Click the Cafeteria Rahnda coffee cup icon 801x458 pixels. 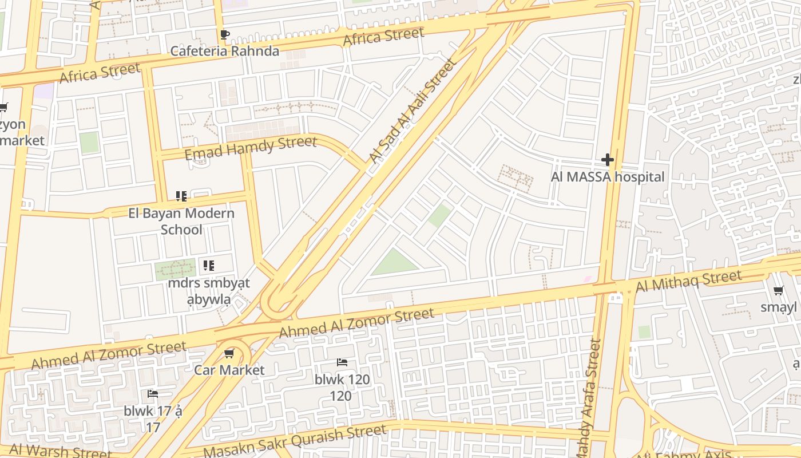point(225,35)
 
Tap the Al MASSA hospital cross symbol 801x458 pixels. point(608,160)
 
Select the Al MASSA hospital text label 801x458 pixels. point(608,177)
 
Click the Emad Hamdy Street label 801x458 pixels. point(251,148)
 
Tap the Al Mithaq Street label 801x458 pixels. point(689,281)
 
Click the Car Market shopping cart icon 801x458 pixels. point(229,353)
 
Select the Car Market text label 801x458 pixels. point(229,370)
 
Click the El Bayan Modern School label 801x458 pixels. point(181,221)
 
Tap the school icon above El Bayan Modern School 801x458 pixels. point(181,197)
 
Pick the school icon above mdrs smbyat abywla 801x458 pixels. point(209,265)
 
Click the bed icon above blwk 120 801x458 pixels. point(342,362)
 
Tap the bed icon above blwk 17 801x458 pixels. point(153,394)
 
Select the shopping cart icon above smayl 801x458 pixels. point(779,291)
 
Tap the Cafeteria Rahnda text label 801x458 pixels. point(225,51)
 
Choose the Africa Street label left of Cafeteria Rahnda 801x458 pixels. point(100,73)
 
